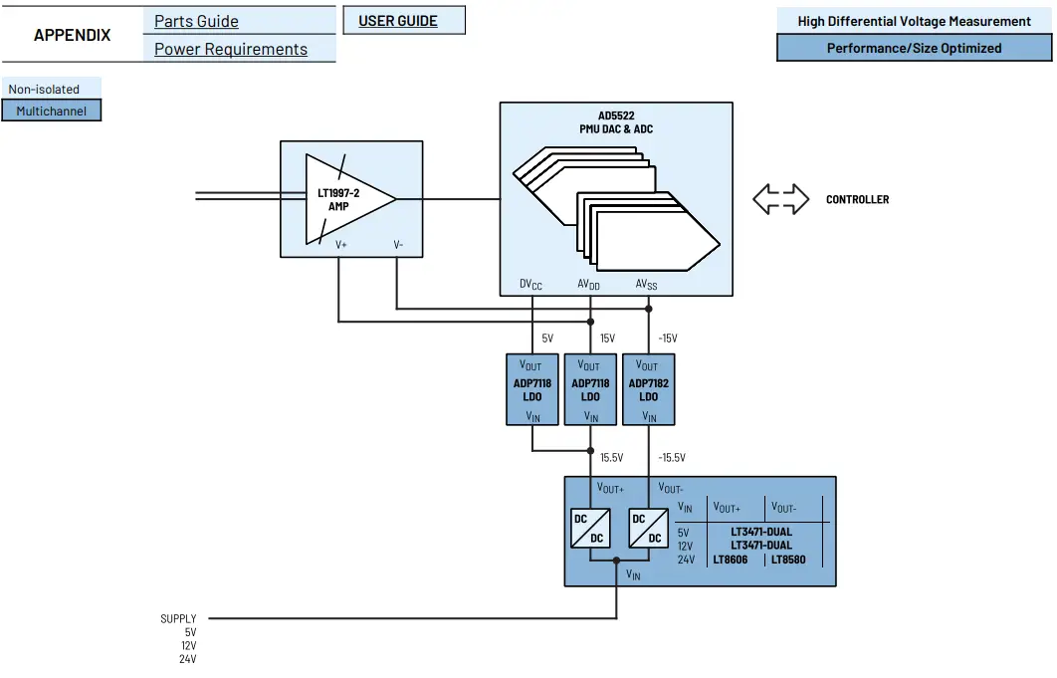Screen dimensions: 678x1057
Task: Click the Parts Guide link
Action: (196, 21)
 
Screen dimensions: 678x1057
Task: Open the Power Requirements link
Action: (230, 49)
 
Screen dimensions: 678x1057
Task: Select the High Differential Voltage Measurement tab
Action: (914, 21)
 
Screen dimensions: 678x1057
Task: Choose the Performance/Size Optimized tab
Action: (914, 48)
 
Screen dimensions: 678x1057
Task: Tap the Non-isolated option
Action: (44, 89)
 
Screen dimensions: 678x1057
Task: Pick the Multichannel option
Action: (51, 111)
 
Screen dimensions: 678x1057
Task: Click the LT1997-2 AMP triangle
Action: (343, 198)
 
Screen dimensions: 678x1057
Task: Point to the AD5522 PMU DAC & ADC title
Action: (616, 122)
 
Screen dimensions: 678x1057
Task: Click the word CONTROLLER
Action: (857, 199)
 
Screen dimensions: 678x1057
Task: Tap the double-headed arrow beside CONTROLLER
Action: (780, 198)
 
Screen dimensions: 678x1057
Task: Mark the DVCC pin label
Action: (531, 285)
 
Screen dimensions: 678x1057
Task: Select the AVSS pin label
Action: (647, 285)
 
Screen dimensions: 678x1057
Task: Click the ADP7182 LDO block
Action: (648, 390)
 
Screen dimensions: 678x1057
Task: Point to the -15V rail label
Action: (667, 339)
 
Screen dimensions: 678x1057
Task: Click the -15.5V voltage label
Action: (671, 458)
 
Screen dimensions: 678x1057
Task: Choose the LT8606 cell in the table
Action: (732, 560)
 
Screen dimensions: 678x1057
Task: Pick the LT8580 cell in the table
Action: (787, 560)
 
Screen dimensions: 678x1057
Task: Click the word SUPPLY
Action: (178, 618)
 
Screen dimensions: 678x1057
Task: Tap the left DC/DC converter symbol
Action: (589, 528)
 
